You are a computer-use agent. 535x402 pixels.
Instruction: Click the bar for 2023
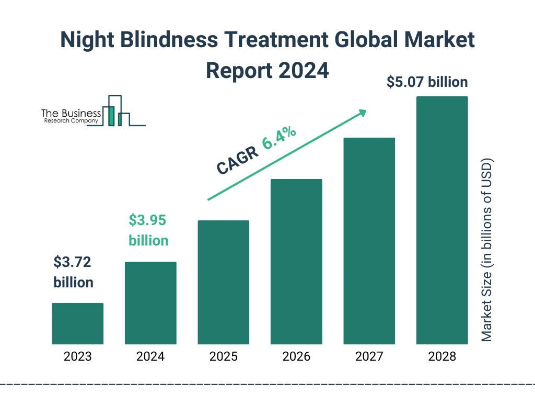coord(77,323)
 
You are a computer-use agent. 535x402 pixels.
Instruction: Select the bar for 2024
coord(150,303)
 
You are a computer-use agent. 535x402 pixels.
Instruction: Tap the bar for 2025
coord(223,282)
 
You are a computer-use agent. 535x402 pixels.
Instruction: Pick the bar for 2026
coord(296,262)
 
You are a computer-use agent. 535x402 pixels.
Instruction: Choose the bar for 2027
coord(369,241)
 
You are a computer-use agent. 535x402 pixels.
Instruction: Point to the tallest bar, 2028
coord(441,220)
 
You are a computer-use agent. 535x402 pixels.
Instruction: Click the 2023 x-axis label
coord(77,357)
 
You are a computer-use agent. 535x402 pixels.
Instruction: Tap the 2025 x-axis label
coord(223,357)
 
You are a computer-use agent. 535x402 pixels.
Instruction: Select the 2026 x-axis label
coord(296,357)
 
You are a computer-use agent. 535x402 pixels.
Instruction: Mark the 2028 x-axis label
coord(441,357)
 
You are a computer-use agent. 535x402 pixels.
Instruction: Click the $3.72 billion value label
coord(73,272)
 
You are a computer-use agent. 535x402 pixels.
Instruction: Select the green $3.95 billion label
coord(148,230)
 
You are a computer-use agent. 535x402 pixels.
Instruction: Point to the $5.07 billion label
coord(427,82)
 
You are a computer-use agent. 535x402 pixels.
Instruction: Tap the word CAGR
coord(237,160)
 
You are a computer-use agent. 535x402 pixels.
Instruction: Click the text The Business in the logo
coord(71,114)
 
